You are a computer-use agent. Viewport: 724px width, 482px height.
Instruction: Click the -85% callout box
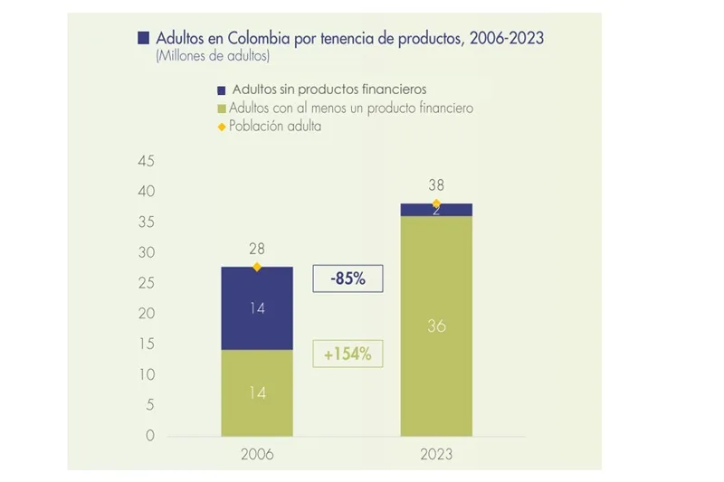[348, 279]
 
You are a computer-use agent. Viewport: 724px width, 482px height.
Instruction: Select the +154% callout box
[348, 354]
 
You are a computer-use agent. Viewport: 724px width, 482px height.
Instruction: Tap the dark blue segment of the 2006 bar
[257, 307]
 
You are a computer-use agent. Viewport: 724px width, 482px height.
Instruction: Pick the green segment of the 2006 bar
[257, 392]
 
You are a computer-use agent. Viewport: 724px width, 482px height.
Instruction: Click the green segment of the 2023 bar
[436, 326]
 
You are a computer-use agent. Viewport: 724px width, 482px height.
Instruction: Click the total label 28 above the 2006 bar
[257, 249]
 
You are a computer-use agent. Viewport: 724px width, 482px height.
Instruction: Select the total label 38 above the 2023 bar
[436, 185]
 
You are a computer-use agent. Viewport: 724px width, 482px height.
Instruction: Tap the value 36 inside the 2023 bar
[436, 326]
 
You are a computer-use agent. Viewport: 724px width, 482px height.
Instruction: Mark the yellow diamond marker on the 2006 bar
[257, 267]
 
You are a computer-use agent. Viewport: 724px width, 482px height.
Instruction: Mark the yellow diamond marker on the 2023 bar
[436, 203]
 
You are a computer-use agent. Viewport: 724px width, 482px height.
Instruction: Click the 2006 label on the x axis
[257, 455]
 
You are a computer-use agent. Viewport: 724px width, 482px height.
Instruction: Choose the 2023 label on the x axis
[436, 455]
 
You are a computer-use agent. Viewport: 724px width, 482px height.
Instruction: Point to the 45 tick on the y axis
[147, 162]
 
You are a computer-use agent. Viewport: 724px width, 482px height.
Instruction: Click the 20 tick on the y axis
[147, 314]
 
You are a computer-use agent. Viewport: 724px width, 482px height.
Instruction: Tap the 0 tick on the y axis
[150, 435]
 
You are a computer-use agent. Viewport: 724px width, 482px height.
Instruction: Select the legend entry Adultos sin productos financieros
[328, 90]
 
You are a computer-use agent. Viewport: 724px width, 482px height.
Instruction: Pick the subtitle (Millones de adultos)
[213, 56]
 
